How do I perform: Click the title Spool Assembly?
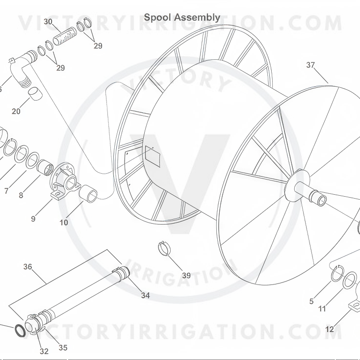(x=182, y=18)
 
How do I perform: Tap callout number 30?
(x=48, y=22)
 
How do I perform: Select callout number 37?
(x=310, y=65)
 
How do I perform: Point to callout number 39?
(x=186, y=275)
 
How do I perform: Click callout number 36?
(x=27, y=266)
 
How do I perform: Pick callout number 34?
(x=145, y=295)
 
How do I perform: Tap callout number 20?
(x=16, y=111)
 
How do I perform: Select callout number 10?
(x=64, y=222)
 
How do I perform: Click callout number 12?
(x=330, y=330)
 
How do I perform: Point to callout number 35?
(x=63, y=348)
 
